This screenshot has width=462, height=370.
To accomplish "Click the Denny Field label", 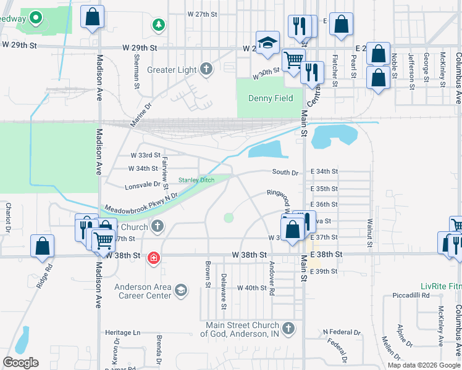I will [271, 98].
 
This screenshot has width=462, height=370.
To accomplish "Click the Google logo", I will [20, 363].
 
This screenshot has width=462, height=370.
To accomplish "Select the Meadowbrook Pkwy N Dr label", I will [141, 203].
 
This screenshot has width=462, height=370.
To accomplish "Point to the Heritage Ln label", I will [124, 333].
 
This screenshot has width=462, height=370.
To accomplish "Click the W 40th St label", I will [251, 288].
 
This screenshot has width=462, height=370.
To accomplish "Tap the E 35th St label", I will [324, 189].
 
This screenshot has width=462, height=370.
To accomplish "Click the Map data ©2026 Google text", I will [424, 365].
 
